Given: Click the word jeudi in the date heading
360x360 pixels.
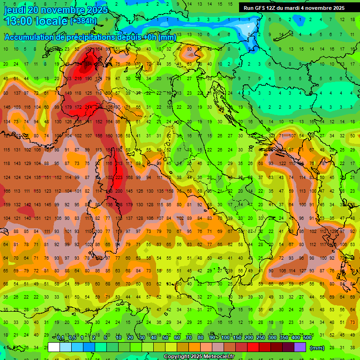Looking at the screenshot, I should coord(15,10).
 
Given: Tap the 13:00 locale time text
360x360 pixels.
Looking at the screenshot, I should coord(35,21).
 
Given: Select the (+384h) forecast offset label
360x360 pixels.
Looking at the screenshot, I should coord(83,21).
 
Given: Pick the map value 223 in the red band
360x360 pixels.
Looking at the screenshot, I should coord(119,178).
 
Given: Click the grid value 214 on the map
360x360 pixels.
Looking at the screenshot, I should coord(88,107).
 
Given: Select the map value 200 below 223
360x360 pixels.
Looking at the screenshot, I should coord(119,191).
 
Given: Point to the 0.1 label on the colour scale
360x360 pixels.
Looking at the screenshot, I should coord(60,338).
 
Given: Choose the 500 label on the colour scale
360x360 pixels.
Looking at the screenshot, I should coord(307,338).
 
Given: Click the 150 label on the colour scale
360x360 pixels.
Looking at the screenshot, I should coord(237,338).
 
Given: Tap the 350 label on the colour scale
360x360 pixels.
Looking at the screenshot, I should coord(284,338).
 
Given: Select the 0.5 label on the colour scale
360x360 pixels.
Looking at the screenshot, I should coord(72,338).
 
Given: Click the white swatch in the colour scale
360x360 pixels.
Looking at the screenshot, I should coord(54,347).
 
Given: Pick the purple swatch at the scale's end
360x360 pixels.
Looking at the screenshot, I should coord(300,347).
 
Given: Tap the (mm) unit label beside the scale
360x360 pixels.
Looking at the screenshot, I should coord(317,348).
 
